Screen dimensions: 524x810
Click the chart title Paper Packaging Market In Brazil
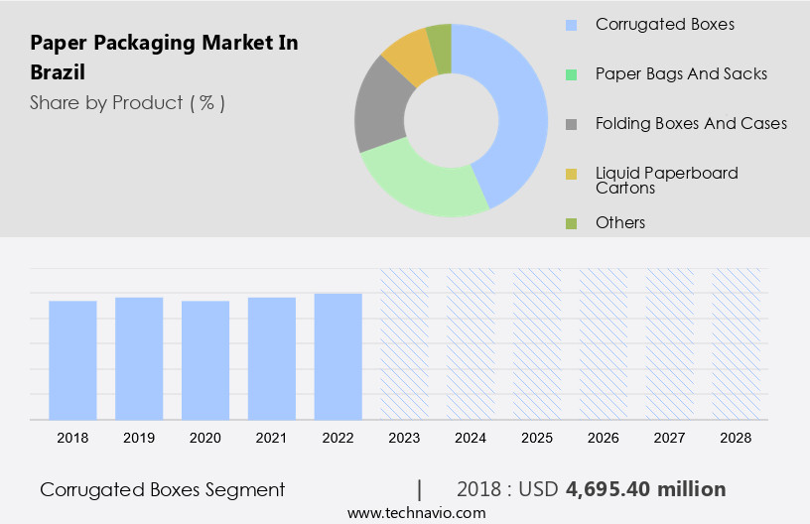click(x=164, y=57)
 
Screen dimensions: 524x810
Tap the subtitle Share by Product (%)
click(x=127, y=102)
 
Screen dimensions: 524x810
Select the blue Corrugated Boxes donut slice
click(x=517, y=109)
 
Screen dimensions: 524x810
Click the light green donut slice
click(x=417, y=185)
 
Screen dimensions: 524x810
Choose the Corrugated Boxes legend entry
click(x=664, y=24)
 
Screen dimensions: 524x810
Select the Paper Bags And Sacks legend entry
click(x=680, y=73)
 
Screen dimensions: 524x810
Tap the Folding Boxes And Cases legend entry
click(x=690, y=123)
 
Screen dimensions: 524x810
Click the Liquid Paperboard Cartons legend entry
click(x=666, y=180)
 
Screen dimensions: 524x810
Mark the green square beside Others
click(x=571, y=223)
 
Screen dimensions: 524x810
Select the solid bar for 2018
click(x=72, y=359)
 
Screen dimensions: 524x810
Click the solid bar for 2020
click(x=205, y=359)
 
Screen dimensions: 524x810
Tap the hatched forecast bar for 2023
click(x=405, y=343)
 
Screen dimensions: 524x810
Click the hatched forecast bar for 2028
click(x=737, y=343)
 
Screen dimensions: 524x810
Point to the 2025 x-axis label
click(x=537, y=437)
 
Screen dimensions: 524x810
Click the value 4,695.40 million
click(x=645, y=489)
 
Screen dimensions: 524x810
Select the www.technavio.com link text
click(x=417, y=513)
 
